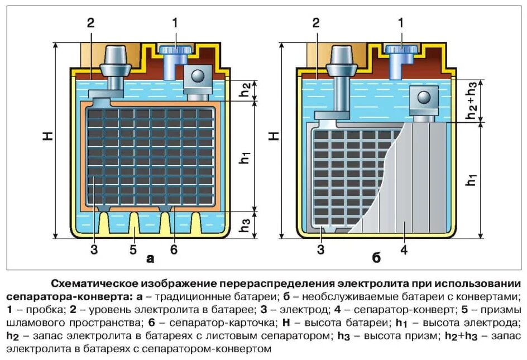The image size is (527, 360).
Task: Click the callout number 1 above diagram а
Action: pyautogui.click(x=175, y=23)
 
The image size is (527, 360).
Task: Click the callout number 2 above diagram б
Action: pyautogui.click(x=316, y=23)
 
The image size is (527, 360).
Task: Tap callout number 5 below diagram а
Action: pyautogui.click(x=133, y=249)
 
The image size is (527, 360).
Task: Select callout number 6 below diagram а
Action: pyautogui.click(x=174, y=249)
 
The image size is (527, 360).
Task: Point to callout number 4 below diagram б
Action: pyautogui.click(x=404, y=249)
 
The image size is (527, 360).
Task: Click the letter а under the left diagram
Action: pyautogui.click(x=150, y=258)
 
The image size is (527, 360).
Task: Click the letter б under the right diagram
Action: pyautogui.click(x=376, y=258)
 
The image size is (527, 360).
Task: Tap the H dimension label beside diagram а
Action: pyautogui.click(x=49, y=135)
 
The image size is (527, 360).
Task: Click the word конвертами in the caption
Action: pyautogui.click(x=483, y=296)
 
